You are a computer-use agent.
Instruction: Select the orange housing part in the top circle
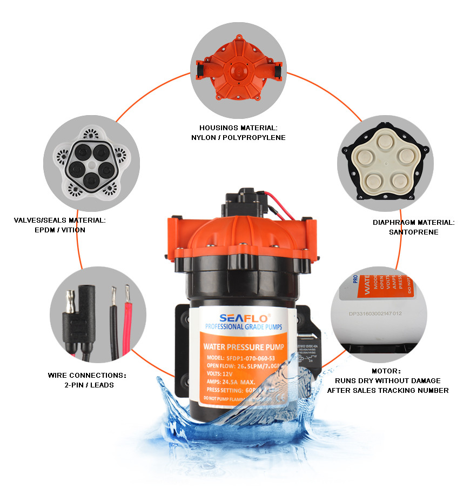pos(238,75)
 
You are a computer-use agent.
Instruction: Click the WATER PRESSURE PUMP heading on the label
pos(240,346)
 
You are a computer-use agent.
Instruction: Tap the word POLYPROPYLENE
pos(256,138)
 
